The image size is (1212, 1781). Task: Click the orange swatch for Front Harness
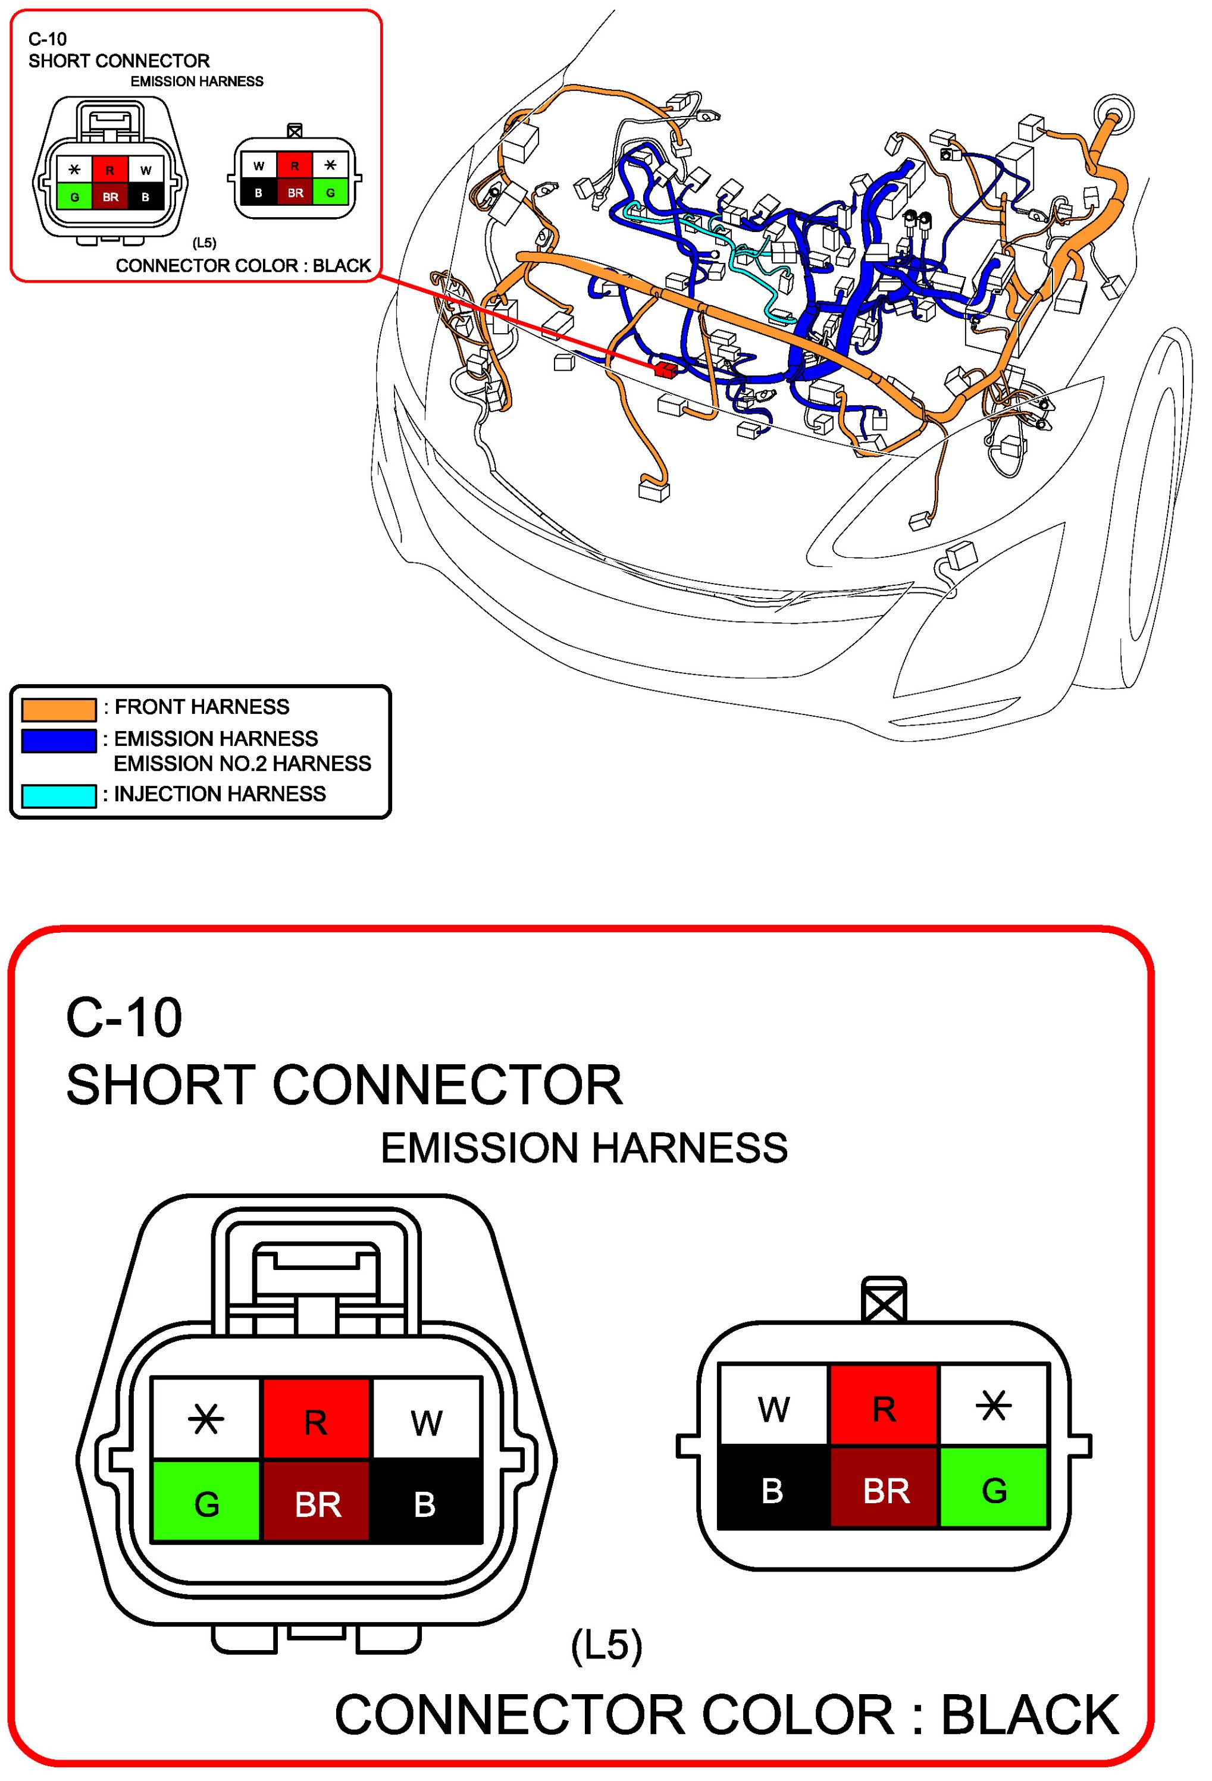[x=58, y=710]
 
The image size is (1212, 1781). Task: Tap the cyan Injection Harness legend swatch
[x=58, y=797]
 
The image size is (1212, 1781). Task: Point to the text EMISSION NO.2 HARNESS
[x=242, y=764]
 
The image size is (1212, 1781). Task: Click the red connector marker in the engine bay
[x=665, y=370]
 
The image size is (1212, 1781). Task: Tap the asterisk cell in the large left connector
[x=206, y=1419]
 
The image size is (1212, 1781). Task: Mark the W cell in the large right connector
[x=773, y=1409]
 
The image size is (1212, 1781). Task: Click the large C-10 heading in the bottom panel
[x=124, y=1018]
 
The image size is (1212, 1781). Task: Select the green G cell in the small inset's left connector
[x=74, y=197]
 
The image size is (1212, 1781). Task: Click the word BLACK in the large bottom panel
[x=1029, y=1714]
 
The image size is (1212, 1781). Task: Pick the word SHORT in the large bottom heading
[x=159, y=1085]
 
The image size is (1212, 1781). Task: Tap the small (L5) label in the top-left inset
[x=204, y=243]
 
